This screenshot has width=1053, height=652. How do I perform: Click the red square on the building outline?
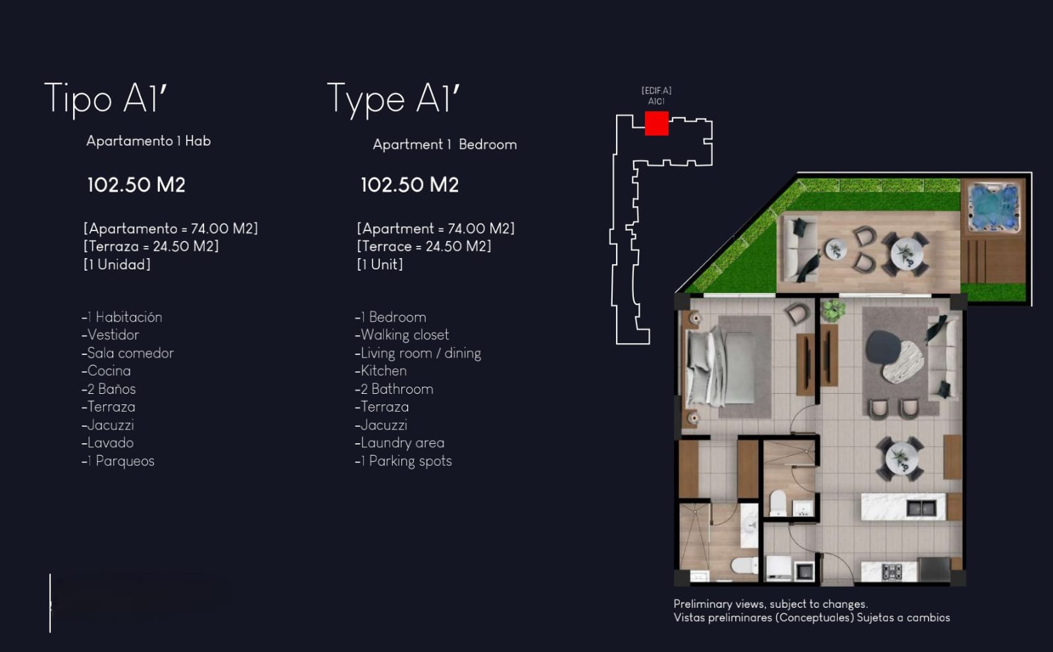[x=656, y=123]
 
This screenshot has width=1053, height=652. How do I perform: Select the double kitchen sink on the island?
[x=921, y=508]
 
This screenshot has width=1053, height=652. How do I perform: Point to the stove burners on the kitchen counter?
[x=891, y=572]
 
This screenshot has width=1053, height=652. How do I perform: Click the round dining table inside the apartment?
[x=901, y=458]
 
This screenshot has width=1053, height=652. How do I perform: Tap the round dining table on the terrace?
[x=906, y=254]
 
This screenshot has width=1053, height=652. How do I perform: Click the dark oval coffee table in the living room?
[x=884, y=347]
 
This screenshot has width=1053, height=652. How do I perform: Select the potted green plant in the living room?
[x=833, y=310]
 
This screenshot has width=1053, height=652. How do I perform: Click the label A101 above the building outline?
[x=656, y=101]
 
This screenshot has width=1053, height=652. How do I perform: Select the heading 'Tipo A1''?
[x=106, y=99]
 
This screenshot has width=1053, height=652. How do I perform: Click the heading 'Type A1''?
[x=393, y=99]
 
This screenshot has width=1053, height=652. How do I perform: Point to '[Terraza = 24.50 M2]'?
[x=151, y=246]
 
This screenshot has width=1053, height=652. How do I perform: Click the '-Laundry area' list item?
[x=399, y=443]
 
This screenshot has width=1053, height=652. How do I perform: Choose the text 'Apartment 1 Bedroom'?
[x=445, y=144]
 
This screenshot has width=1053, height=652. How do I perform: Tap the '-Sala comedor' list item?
[x=128, y=353]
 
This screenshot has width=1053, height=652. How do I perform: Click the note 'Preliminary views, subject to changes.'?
[x=771, y=604]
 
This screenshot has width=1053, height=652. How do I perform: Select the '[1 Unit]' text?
[x=380, y=264]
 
